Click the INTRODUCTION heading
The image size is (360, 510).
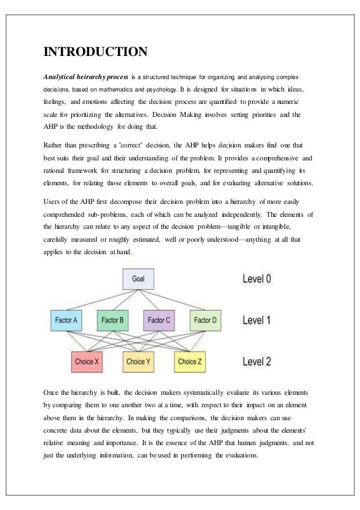tap(96, 53)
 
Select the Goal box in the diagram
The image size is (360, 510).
tap(138, 279)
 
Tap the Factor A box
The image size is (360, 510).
tap(66, 321)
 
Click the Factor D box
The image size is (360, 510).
tap(205, 321)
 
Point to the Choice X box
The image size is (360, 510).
tap(89, 361)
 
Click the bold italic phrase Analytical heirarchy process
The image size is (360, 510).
tap(86, 76)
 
